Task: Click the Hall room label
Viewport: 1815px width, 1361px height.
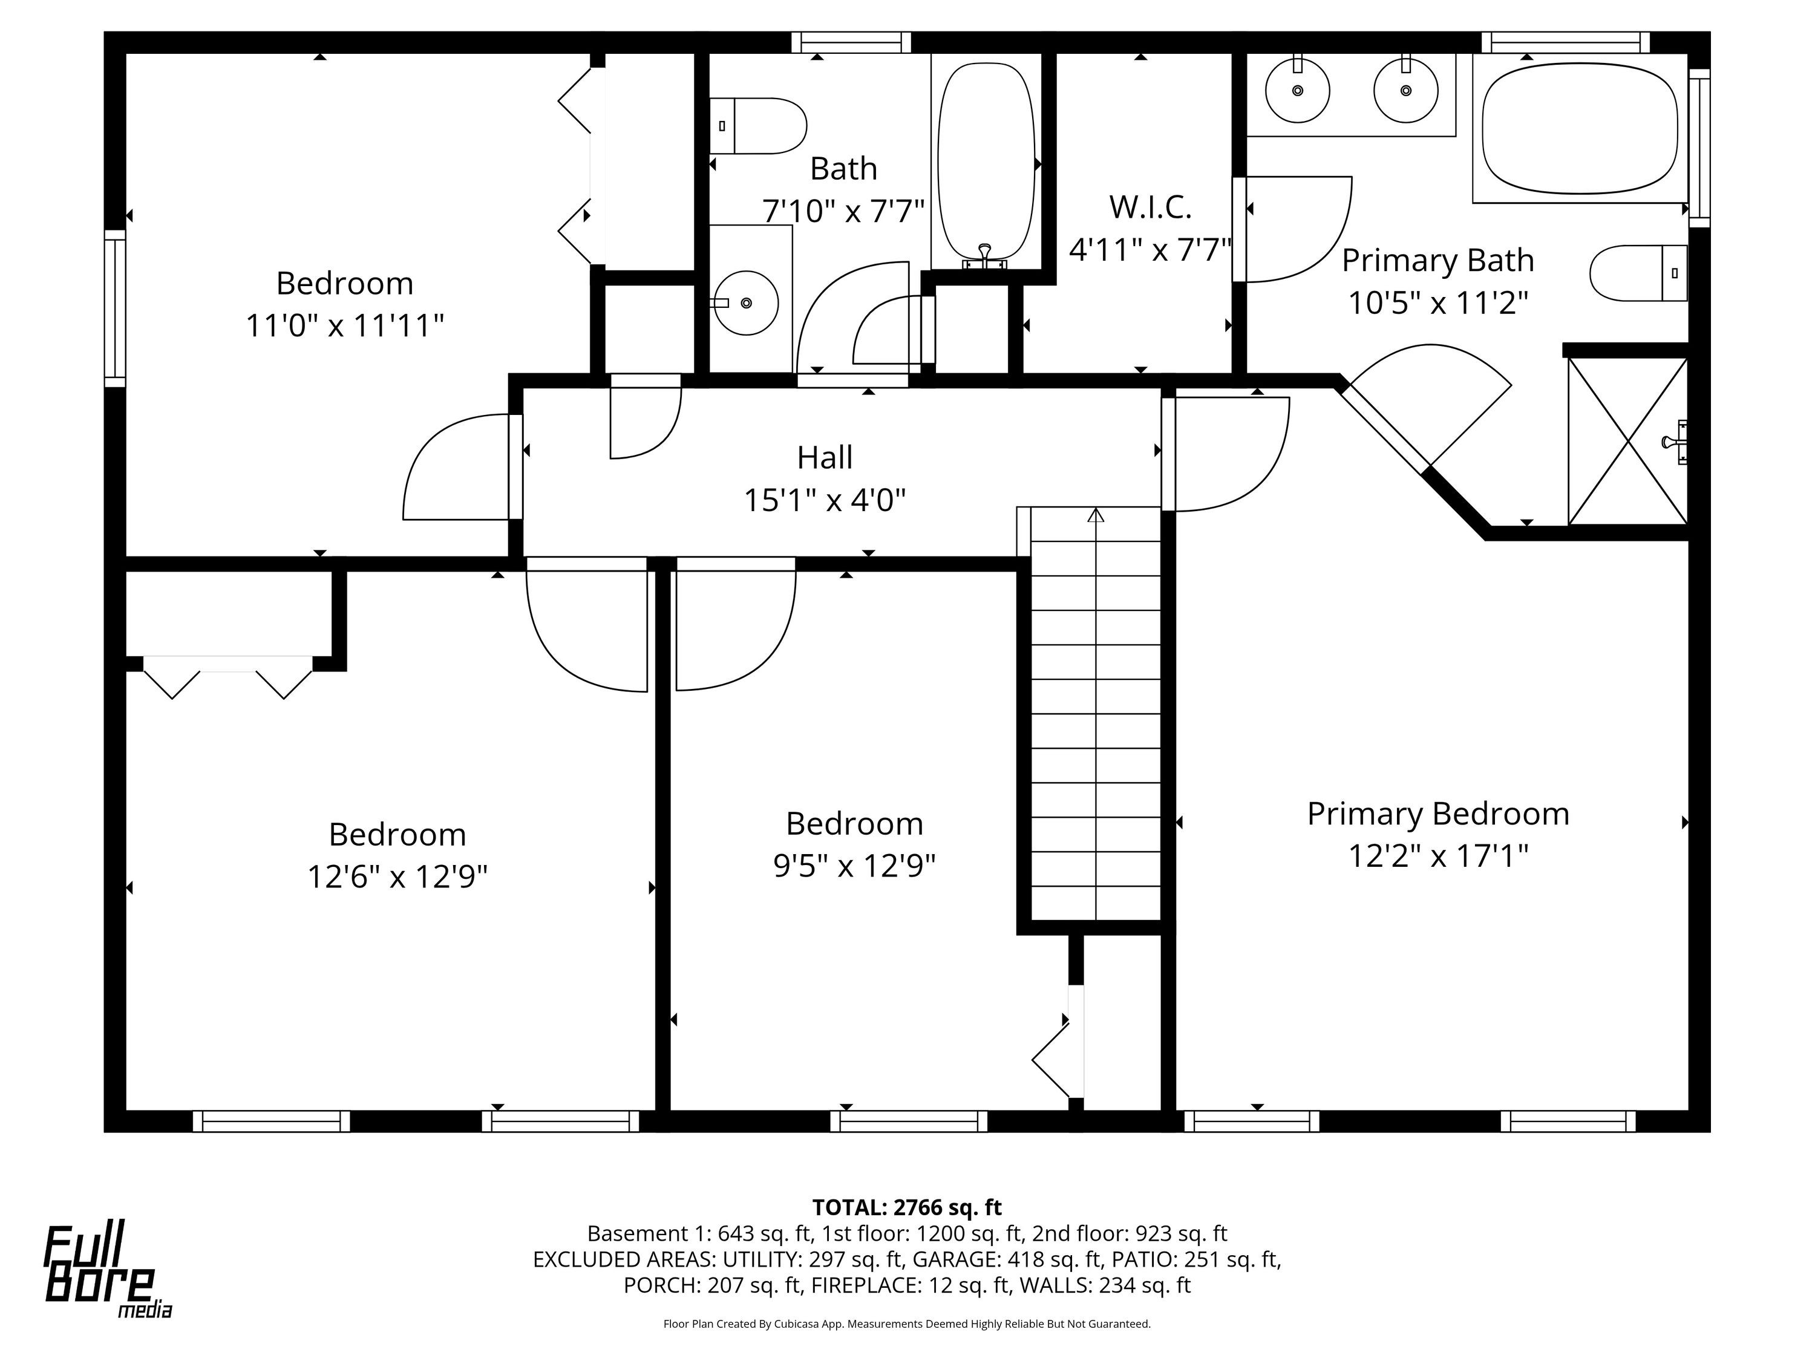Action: [825, 457]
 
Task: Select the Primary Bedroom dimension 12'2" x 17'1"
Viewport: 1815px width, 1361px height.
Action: [1438, 857]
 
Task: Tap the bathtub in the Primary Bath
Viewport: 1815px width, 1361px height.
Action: [1580, 129]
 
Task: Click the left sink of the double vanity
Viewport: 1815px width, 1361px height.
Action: [1297, 90]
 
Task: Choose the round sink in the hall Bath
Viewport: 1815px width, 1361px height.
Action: [745, 302]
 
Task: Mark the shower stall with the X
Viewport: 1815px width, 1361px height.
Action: [1627, 440]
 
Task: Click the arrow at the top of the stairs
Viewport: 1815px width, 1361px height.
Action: [1096, 515]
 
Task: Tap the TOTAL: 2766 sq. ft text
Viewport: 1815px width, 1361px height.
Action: [907, 1207]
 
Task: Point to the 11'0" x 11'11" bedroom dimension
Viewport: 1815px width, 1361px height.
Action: [345, 325]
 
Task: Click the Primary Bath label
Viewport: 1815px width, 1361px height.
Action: [1437, 261]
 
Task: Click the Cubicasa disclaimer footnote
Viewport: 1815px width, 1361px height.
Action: [907, 1324]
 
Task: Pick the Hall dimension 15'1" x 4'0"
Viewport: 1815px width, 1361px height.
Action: [825, 500]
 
